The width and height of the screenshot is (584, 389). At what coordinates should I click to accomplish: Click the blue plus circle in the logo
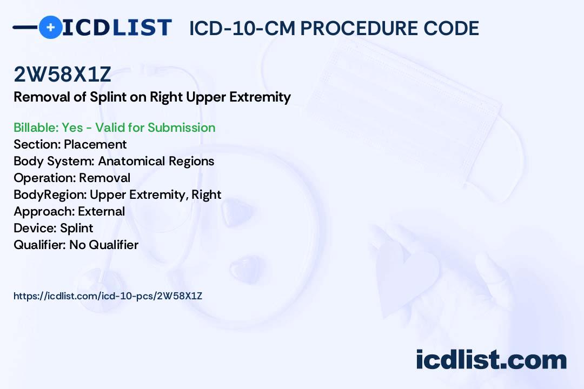(50, 27)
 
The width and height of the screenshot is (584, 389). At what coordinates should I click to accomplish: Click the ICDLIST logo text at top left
(117, 27)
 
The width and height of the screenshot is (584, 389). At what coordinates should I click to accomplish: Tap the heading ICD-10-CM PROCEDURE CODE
(334, 28)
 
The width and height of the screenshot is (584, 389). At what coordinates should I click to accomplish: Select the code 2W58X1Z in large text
(63, 75)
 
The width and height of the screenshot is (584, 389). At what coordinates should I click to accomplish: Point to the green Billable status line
(115, 128)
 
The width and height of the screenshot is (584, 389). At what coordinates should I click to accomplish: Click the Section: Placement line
(70, 144)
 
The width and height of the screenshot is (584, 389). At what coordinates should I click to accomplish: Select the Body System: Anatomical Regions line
(114, 161)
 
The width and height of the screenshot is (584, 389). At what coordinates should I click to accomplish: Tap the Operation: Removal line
(72, 178)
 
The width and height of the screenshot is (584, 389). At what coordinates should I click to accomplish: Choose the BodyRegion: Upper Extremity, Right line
(117, 194)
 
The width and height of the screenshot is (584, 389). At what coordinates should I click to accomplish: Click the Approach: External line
(69, 211)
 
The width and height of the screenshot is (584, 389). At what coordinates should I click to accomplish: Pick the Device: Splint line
(53, 228)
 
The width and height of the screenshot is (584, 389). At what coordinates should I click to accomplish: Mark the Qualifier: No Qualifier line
(76, 245)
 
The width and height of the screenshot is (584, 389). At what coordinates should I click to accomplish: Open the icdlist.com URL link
(108, 296)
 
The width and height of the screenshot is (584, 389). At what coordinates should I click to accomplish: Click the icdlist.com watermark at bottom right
(491, 360)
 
